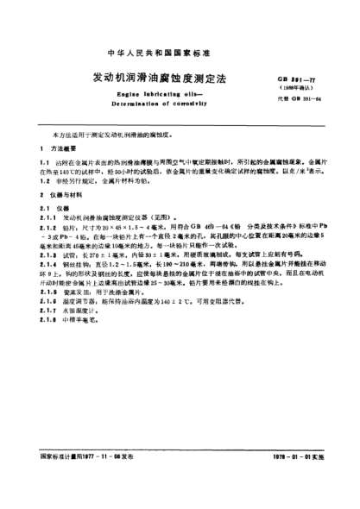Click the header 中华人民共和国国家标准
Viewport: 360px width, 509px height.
(x=180, y=27)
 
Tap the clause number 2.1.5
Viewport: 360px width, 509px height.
(x=47, y=316)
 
